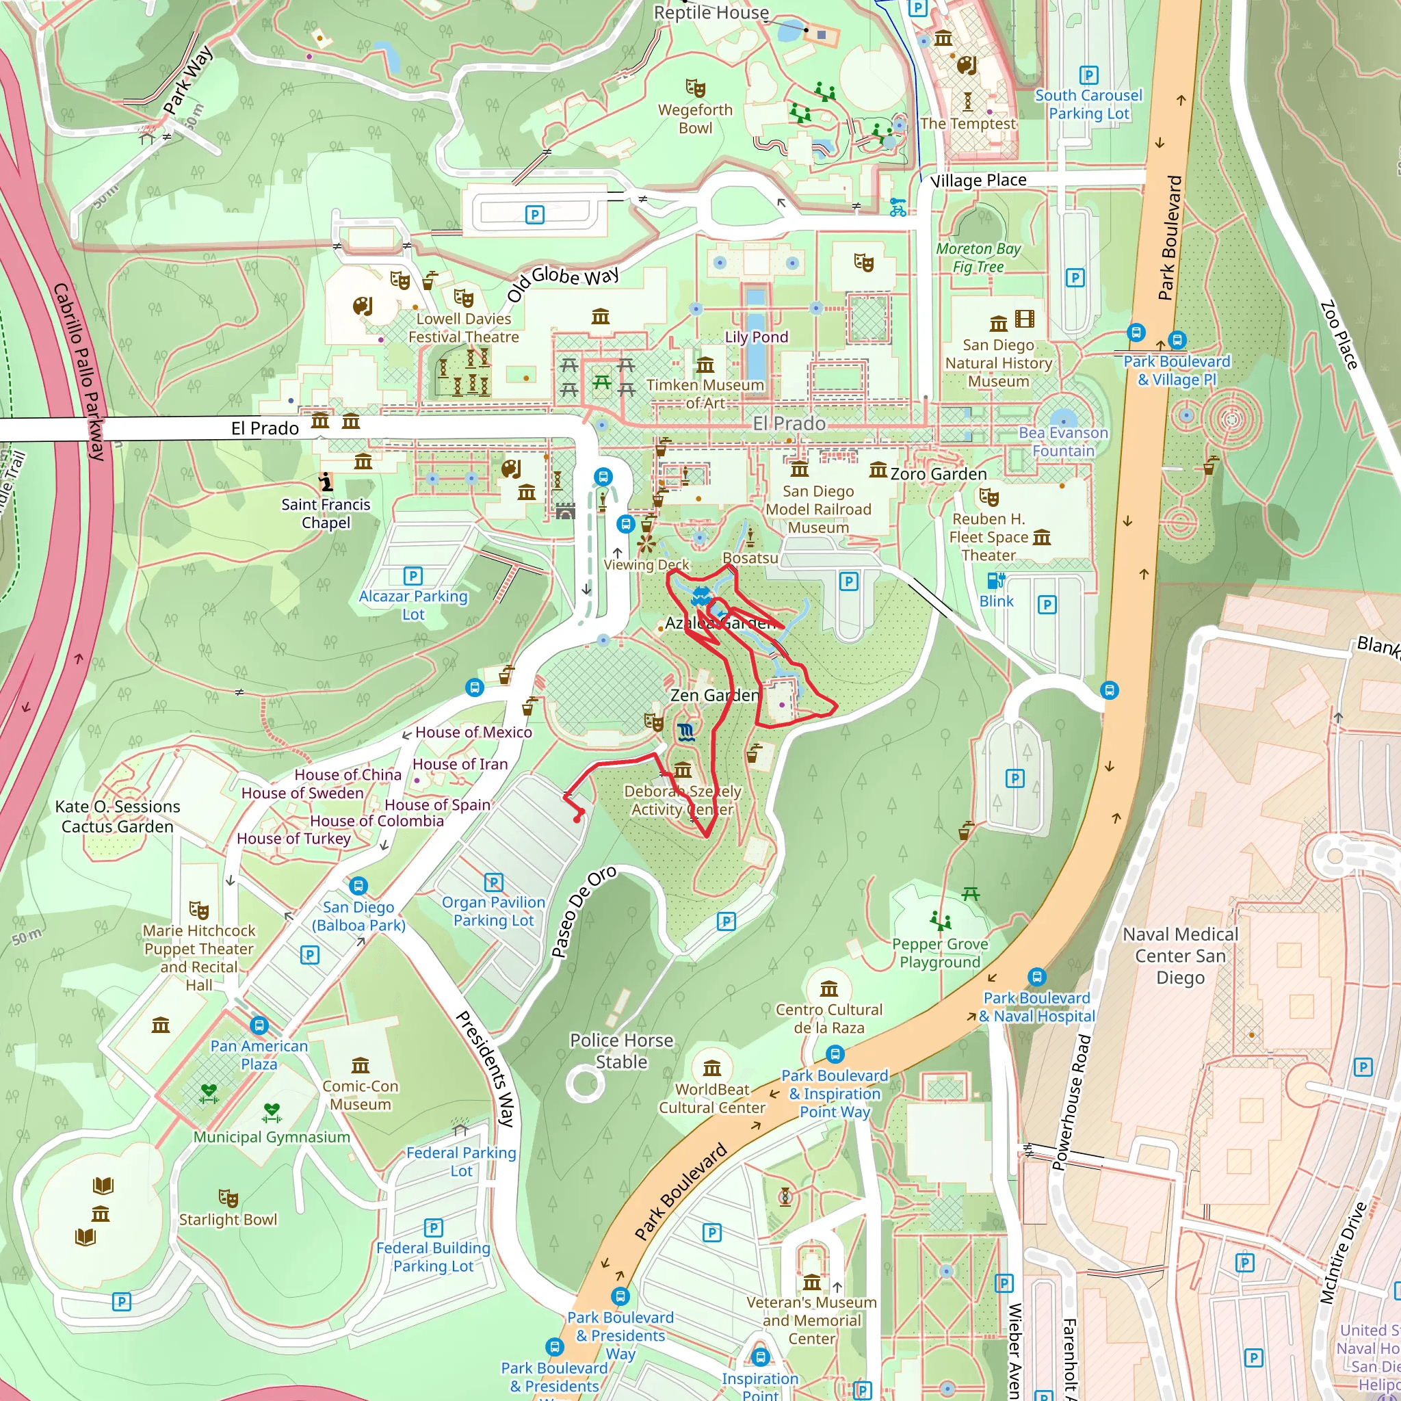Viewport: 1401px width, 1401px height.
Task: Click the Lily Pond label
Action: pyautogui.click(x=757, y=337)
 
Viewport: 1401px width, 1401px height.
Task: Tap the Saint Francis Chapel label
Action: pyautogui.click(x=326, y=514)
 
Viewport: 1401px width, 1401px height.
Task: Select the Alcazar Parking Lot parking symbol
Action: pyautogui.click(x=413, y=576)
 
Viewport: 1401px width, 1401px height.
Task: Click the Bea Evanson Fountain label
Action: pyautogui.click(x=1063, y=442)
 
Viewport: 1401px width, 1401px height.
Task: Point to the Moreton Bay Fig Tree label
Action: pyautogui.click(x=978, y=257)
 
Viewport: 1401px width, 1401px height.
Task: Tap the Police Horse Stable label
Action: pyautogui.click(x=621, y=1051)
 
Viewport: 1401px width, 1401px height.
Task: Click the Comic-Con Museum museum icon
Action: pyautogui.click(x=361, y=1065)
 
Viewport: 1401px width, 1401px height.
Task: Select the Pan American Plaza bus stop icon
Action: pyautogui.click(x=259, y=1025)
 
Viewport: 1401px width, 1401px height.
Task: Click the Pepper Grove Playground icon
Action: pyautogui.click(x=941, y=921)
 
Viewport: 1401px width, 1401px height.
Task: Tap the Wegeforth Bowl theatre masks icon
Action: pyautogui.click(x=696, y=88)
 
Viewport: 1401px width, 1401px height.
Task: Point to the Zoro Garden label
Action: pyautogui.click(x=939, y=473)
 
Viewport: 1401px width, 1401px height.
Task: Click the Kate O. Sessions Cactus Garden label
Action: pyautogui.click(x=118, y=817)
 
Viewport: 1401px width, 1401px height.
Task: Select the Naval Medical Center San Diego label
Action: pyautogui.click(x=1180, y=956)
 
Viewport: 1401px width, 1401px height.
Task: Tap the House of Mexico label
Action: pyautogui.click(x=473, y=733)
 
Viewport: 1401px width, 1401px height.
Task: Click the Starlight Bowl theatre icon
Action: pyautogui.click(x=228, y=1197)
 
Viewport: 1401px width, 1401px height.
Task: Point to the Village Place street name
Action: pyautogui.click(x=978, y=180)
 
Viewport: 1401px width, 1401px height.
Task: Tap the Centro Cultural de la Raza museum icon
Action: pyautogui.click(x=829, y=988)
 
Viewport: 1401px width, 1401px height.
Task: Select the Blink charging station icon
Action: pyautogui.click(x=995, y=580)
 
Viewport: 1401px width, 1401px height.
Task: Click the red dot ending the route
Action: pyautogui.click(x=577, y=820)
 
